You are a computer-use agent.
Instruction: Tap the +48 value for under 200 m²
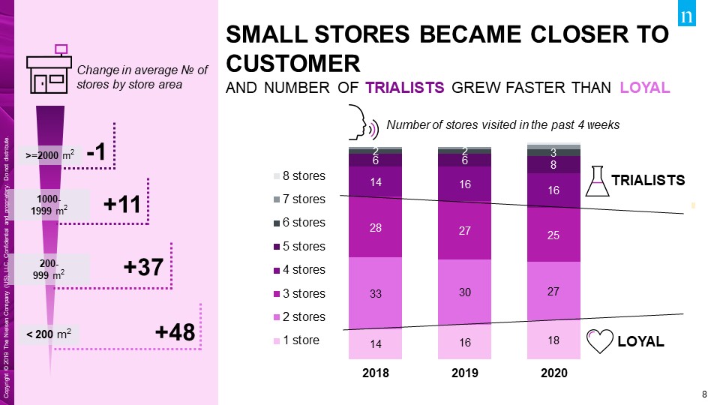[x=175, y=332]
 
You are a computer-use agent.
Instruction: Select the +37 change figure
[x=142, y=268]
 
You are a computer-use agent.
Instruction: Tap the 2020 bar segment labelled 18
[x=554, y=340]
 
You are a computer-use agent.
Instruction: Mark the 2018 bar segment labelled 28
[x=376, y=227]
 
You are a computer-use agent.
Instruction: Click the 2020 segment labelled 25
[x=554, y=235]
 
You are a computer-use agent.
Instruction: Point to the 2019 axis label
[x=465, y=373]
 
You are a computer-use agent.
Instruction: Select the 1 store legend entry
[x=298, y=340]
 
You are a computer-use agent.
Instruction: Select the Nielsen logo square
[x=687, y=16]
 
